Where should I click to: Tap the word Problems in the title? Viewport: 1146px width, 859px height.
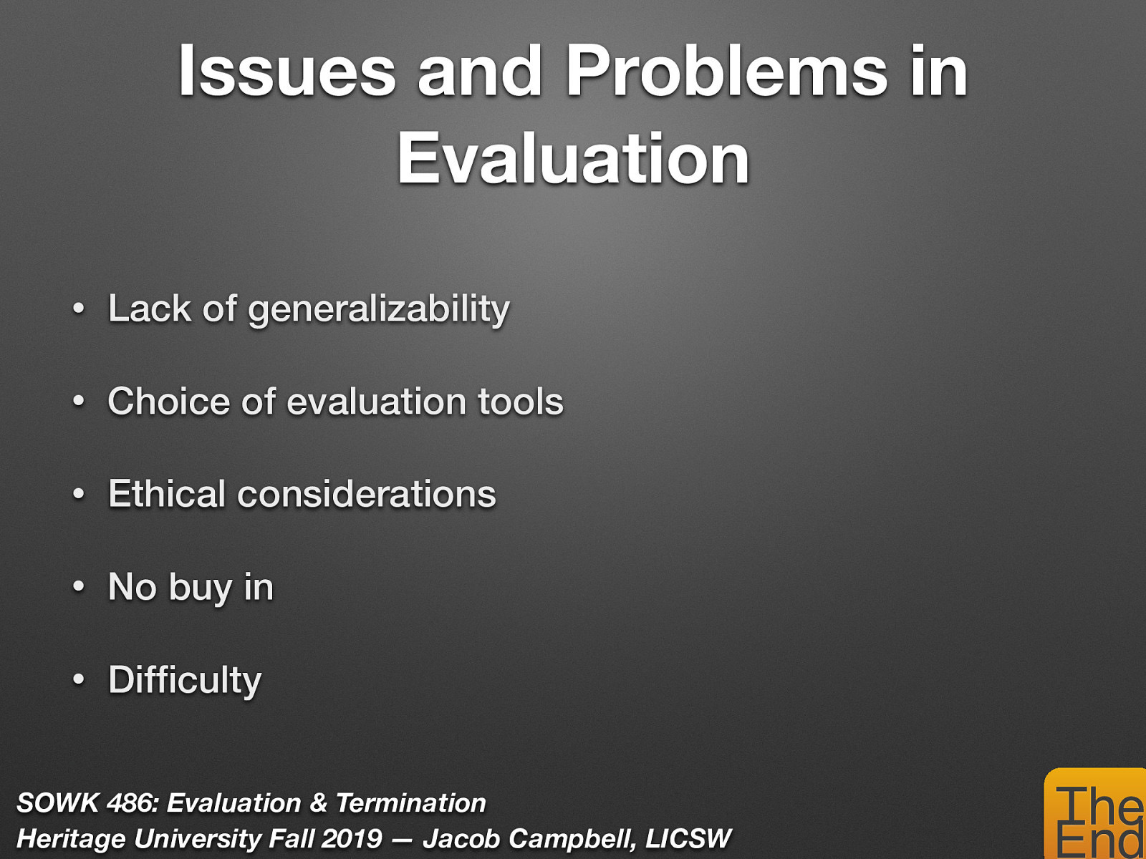point(726,72)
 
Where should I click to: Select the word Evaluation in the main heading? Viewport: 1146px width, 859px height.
point(573,159)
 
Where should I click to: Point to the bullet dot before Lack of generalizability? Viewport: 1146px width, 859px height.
point(79,310)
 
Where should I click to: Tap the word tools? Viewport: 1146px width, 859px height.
point(520,402)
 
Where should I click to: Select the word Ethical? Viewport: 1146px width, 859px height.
point(167,495)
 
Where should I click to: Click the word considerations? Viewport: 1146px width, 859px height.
point(366,495)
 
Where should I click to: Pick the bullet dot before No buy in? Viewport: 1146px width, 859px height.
point(79,588)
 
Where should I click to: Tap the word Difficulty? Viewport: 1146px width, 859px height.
point(185,681)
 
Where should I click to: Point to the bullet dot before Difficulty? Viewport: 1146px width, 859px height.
point(79,680)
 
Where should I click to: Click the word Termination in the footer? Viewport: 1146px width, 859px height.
point(410,803)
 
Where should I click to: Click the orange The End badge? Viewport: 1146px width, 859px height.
point(1096,816)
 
